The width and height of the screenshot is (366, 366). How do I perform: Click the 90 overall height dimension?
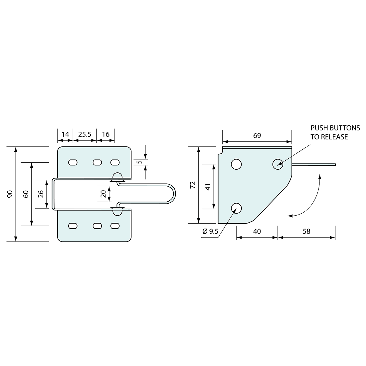point(10,194)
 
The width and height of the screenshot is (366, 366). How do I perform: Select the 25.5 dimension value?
point(85,134)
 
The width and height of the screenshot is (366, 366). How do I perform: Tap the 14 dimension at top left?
point(66,134)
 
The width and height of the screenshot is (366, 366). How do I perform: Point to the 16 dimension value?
point(106,134)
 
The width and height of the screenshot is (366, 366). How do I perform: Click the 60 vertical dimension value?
point(26,194)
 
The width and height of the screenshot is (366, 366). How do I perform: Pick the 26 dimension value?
point(41,194)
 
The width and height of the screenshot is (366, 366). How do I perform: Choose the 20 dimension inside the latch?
point(103,194)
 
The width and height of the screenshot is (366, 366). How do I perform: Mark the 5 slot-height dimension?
point(140,162)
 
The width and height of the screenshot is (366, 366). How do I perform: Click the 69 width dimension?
point(257,136)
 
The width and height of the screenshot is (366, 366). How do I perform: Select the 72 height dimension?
point(193,185)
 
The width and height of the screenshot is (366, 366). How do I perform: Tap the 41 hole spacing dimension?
point(208,187)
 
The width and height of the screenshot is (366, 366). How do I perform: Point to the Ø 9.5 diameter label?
point(210,231)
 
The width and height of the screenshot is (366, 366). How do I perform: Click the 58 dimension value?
point(306,231)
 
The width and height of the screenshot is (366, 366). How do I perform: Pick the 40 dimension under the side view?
point(257,231)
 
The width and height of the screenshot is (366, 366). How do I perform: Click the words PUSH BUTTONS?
point(335,128)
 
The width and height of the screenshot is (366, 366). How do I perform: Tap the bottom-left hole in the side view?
point(236,208)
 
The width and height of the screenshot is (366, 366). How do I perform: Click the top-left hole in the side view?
point(236,164)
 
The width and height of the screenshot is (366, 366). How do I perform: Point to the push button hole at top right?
point(278,164)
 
